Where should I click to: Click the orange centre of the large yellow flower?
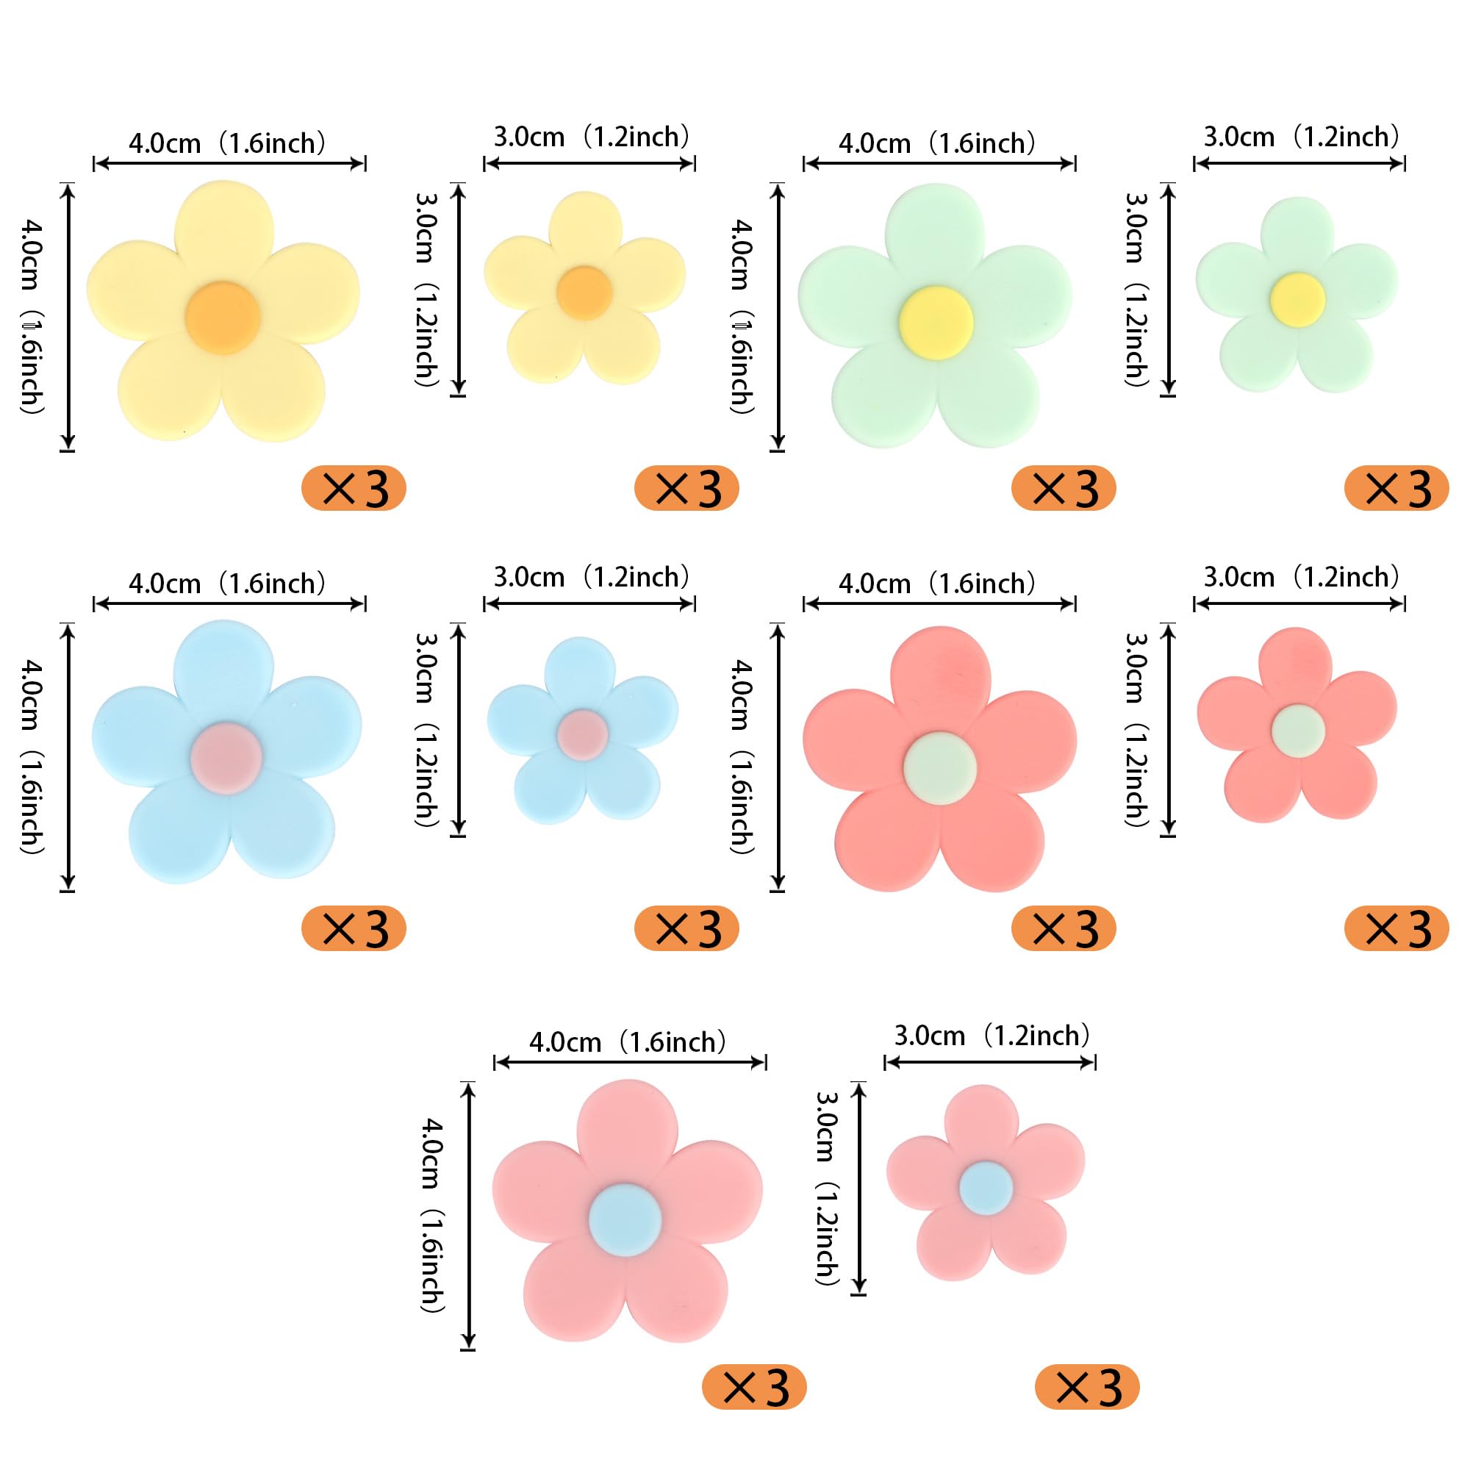click(223, 318)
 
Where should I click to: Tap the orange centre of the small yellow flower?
click(584, 293)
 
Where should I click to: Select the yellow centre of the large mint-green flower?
click(936, 323)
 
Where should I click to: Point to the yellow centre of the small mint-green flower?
click(1297, 299)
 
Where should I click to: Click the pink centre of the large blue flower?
click(226, 759)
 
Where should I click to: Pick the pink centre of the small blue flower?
click(582, 734)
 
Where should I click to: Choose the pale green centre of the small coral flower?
click(1298, 731)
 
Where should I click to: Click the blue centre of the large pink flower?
click(625, 1219)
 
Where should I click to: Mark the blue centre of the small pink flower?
click(986, 1188)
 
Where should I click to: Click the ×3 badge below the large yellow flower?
click(354, 488)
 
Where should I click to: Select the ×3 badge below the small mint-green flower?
click(1397, 488)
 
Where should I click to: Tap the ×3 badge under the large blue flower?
click(354, 928)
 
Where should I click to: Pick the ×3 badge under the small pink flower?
click(1087, 1387)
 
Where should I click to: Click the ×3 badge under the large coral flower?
click(1064, 928)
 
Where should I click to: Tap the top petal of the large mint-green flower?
click(935, 232)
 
